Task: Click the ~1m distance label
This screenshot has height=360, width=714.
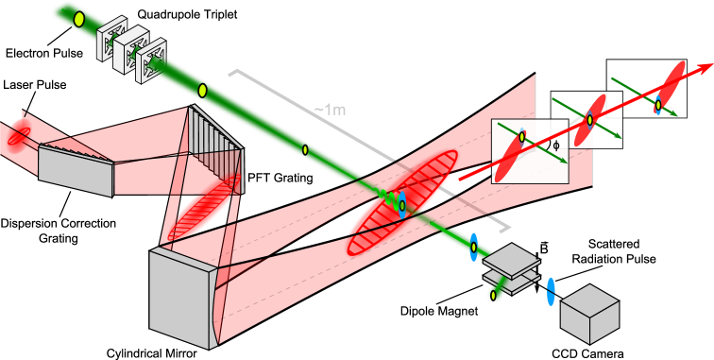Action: click(330, 111)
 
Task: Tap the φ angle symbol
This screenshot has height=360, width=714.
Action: click(555, 146)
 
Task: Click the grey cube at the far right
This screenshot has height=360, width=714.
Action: click(589, 315)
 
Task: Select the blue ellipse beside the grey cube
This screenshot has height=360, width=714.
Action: click(551, 291)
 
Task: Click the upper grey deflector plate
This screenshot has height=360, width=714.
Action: click(512, 259)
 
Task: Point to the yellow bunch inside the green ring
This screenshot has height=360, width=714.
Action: click(493, 296)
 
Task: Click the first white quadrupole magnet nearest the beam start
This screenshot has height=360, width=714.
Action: click(111, 38)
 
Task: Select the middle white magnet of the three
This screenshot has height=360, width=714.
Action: click(130, 51)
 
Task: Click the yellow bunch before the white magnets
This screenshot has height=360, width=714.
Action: click(79, 19)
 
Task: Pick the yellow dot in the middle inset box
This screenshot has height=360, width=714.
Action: click(589, 118)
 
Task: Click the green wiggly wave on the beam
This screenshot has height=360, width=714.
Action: click(386, 197)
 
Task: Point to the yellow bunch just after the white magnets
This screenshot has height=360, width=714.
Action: click(202, 90)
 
